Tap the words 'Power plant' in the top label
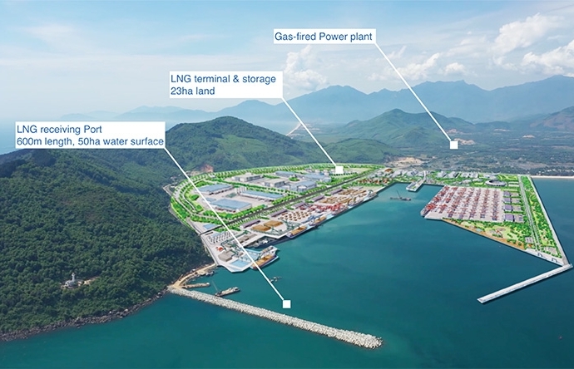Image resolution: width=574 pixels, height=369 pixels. [x=349, y=37]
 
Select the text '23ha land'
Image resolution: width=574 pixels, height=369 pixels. [x=193, y=91]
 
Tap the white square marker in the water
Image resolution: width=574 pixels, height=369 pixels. [x=286, y=304]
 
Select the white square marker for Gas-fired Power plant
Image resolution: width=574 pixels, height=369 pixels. [x=453, y=145]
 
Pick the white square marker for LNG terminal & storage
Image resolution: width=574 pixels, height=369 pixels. [x=339, y=169]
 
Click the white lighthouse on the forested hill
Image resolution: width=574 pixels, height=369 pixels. [x=73, y=278]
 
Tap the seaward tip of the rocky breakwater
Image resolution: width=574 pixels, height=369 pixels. [x=376, y=342]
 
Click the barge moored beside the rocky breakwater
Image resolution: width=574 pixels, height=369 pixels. [x=225, y=291]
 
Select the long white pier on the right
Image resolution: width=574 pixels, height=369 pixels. [x=524, y=283]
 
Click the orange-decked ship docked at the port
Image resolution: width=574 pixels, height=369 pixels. [x=265, y=258]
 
